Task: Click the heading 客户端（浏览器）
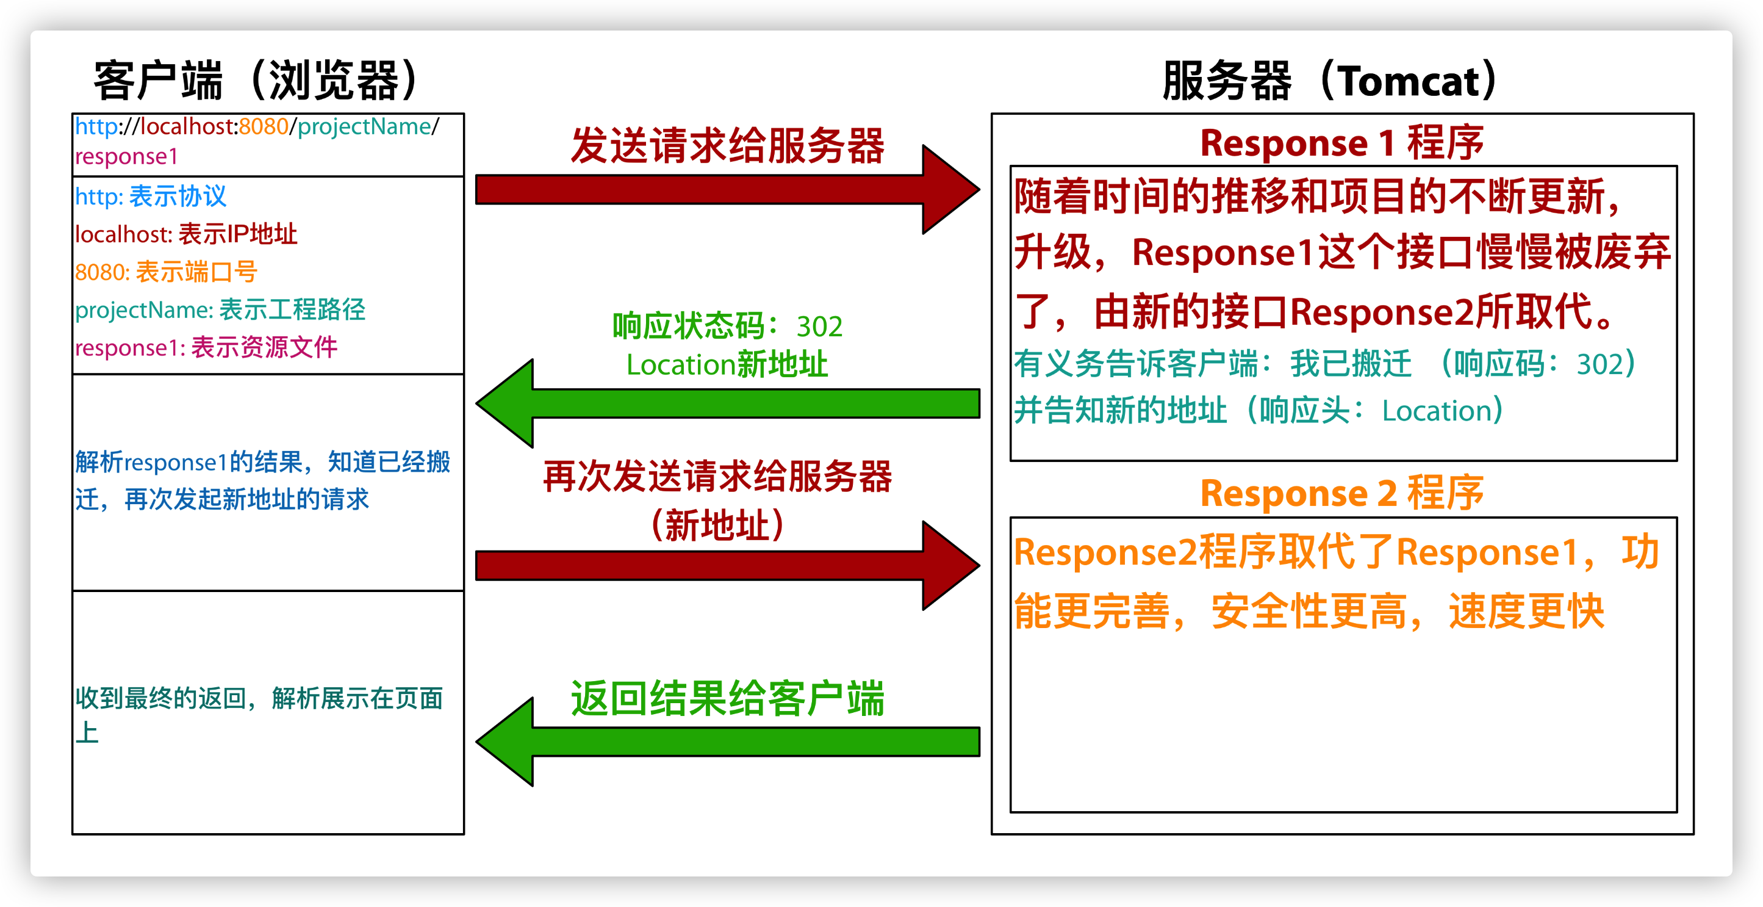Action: pyautogui.click(x=257, y=81)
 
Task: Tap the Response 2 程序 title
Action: pyautogui.click(x=1341, y=493)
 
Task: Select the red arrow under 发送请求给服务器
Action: pyautogui.click(x=725, y=190)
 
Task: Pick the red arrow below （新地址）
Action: pyautogui.click(x=725, y=566)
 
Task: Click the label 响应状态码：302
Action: pyautogui.click(x=727, y=327)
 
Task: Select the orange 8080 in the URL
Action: pyautogui.click(x=264, y=126)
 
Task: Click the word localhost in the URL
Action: pyautogui.click(x=189, y=126)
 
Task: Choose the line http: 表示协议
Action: pyautogui.click(x=151, y=197)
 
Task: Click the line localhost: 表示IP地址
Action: pyautogui.click(x=186, y=234)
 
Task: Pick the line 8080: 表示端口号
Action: pyautogui.click(x=165, y=272)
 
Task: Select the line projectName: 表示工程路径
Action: pyautogui.click(x=220, y=309)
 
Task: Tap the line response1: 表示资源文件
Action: pyautogui.click(x=206, y=348)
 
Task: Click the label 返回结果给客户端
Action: pyautogui.click(x=727, y=698)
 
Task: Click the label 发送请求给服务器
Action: pyautogui.click(x=727, y=145)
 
